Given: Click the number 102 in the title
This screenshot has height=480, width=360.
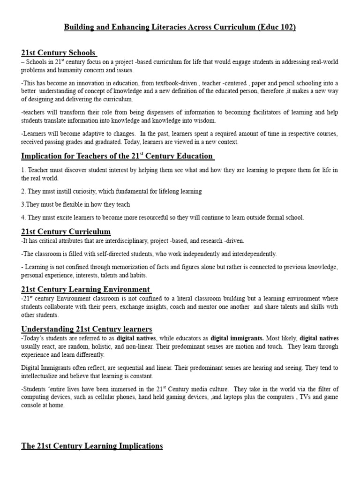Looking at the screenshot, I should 287,28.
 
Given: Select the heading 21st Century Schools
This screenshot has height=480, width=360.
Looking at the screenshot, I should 59,52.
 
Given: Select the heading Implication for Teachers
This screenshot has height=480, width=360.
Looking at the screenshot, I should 117,156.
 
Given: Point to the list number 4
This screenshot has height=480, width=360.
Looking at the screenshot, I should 23,217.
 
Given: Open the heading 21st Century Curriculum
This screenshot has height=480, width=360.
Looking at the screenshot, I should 66,232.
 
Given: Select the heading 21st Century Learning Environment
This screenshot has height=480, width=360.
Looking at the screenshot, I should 86,289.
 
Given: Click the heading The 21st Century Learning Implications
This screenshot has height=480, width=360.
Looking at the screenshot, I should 92,446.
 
